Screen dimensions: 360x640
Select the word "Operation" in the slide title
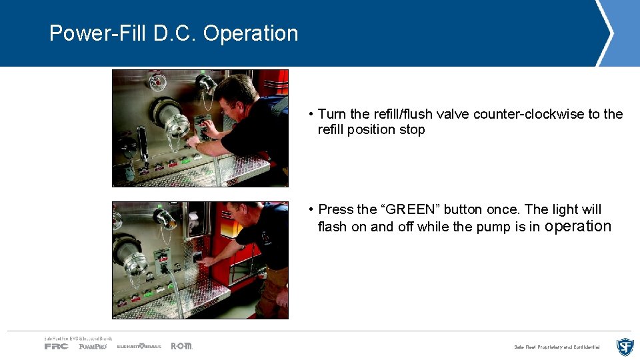coord(251,33)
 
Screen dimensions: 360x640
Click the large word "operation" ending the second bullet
coord(577,226)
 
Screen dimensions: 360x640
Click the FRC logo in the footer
coord(57,346)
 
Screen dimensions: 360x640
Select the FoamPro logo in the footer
coord(93,346)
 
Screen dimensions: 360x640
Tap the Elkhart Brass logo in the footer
coord(139,346)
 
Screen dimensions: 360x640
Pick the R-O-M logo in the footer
coord(181,346)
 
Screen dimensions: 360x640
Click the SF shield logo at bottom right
coord(625,347)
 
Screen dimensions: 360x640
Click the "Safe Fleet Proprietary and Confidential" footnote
coord(557,347)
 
